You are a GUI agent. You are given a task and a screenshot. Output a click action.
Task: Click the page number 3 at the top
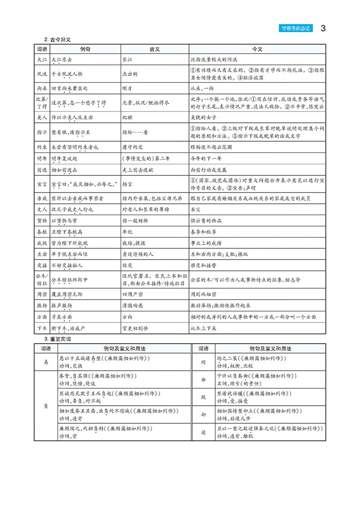(323, 29)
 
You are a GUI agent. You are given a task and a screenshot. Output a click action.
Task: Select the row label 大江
(42, 59)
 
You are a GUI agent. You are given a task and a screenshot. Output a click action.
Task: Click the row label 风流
(42, 73)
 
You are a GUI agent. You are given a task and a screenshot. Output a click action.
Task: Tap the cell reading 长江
(128, 59)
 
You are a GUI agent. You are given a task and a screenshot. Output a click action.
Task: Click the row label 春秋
(42, 232)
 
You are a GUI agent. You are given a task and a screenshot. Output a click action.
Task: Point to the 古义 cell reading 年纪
(128, 232)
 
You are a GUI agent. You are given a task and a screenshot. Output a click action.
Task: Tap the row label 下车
(42, 328)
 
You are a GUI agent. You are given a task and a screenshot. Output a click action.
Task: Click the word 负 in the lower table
(45, 405)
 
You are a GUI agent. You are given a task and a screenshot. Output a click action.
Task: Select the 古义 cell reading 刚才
(128, 89)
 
